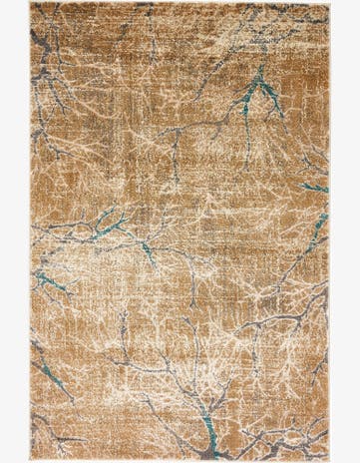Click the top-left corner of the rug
tap(31, 3)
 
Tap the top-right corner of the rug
tap(329, 3)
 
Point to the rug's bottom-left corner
tap(31, 460)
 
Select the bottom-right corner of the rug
tap(329, 460)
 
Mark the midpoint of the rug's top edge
tap(180, 3)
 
